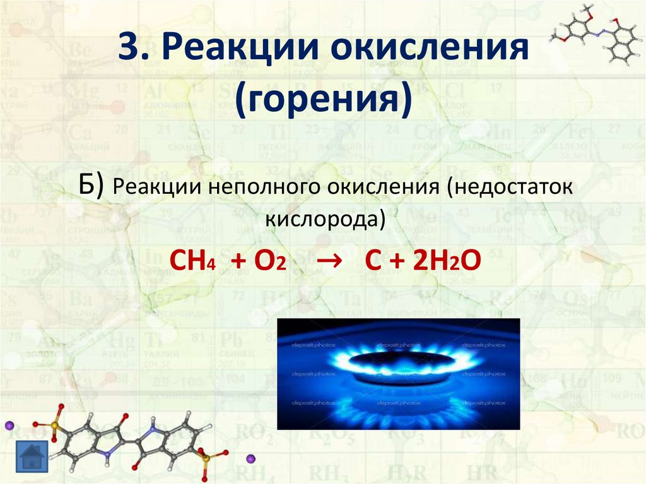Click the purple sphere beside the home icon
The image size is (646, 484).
click(9, 426)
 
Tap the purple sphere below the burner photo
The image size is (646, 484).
click(250, 457)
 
